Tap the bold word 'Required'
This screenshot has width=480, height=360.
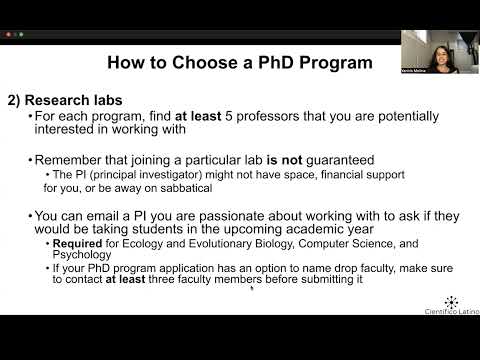[x=74, y=243]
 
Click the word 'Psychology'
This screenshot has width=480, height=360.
[x=81, y=255]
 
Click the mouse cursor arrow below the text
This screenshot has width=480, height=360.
[x=251, y=288]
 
